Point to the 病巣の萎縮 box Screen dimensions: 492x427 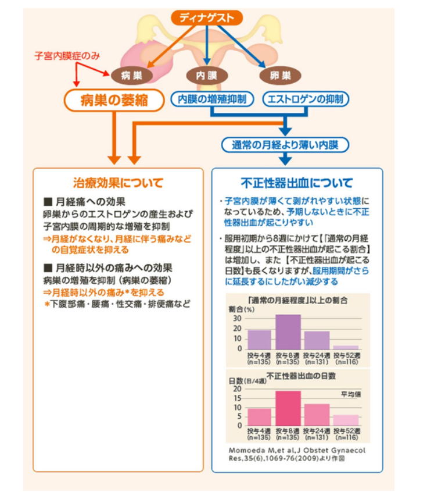[x=114, y=101]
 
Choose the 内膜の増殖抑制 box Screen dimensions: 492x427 [x=211, y=99]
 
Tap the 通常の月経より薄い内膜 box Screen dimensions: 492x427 [x=284, y=145]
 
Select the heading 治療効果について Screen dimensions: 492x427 [x=118, y=182]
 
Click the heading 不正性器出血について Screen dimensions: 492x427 [x=297, y=182]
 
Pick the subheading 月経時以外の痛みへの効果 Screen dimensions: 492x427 [x=107, y=269]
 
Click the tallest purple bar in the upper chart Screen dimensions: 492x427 [x=288, y=331]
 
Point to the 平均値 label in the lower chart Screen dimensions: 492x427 [x=350, y=394]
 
